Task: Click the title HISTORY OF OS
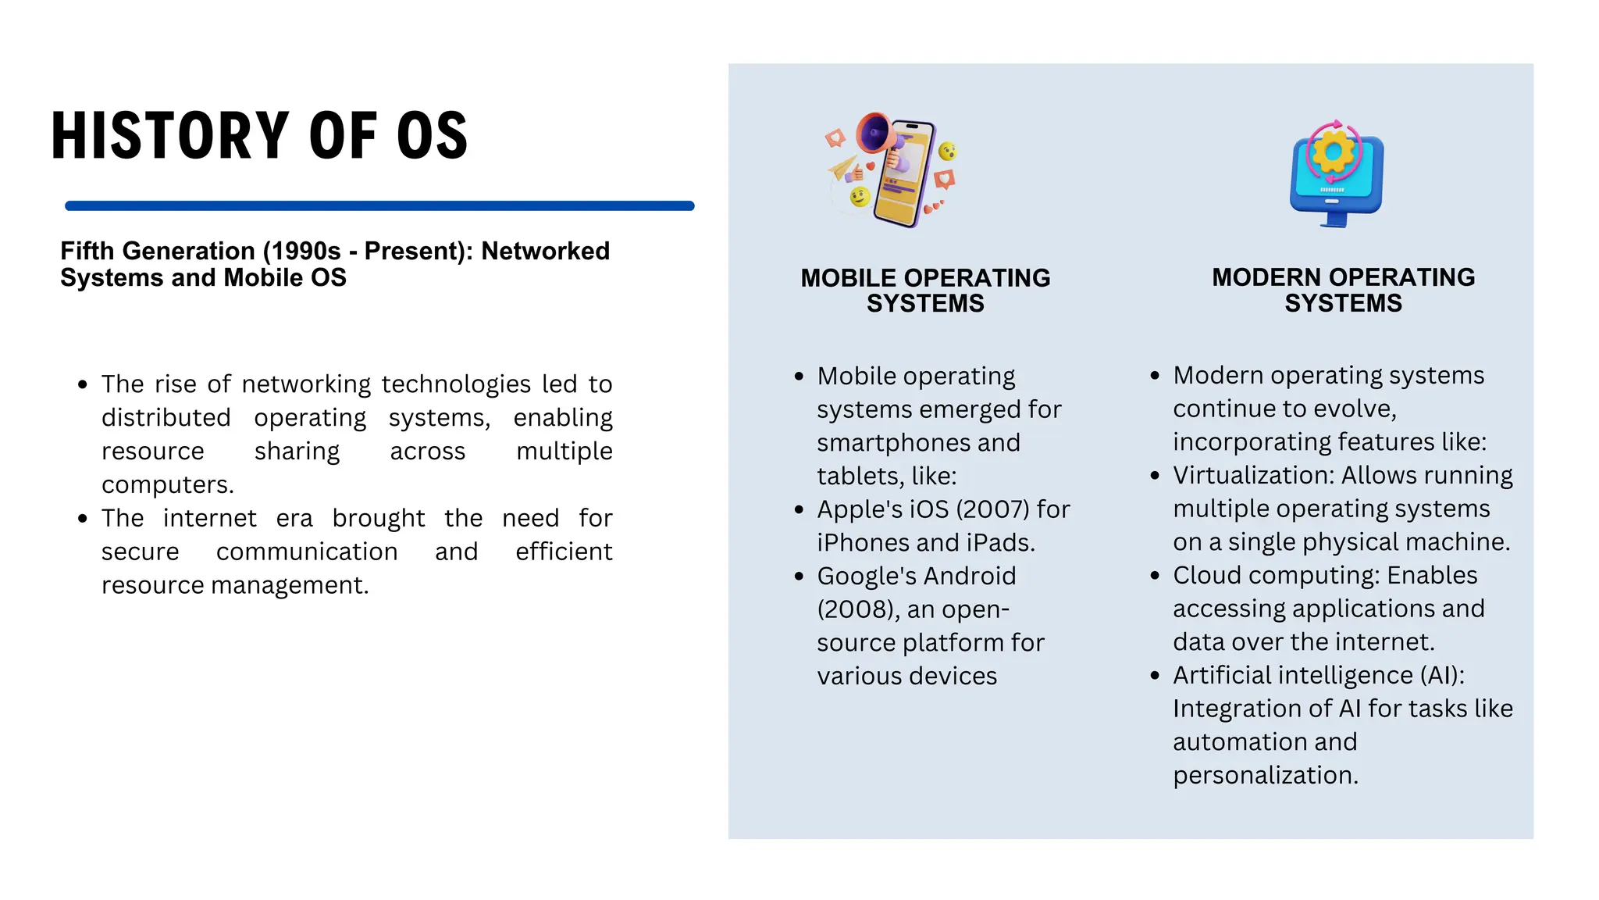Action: point(259,136)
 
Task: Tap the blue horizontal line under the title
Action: point(379,206)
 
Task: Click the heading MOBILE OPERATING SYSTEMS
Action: point(925,291)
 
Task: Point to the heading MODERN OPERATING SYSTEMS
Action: point(1343,290)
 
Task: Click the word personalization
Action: point(1265,775)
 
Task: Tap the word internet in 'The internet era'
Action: point(209,518)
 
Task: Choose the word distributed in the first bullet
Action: point(166,418)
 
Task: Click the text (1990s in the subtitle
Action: point(302,251)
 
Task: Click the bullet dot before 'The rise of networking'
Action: point(83,384)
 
